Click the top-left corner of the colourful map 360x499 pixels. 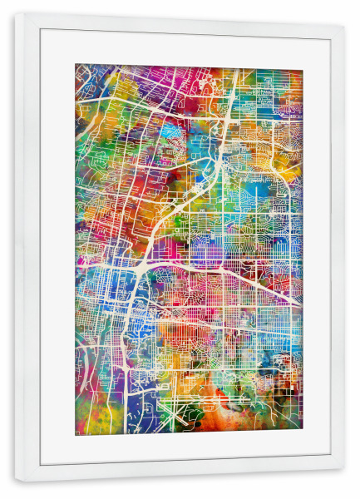pyautogui.click(x=76, y=65)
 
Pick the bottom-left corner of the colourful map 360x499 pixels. pyautogui.click(x=76, y=435)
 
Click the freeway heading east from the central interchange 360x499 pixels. pyautogui.click(x=233, y=274)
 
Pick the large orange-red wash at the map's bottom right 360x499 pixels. pyautogui.click(x=274, y=412)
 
